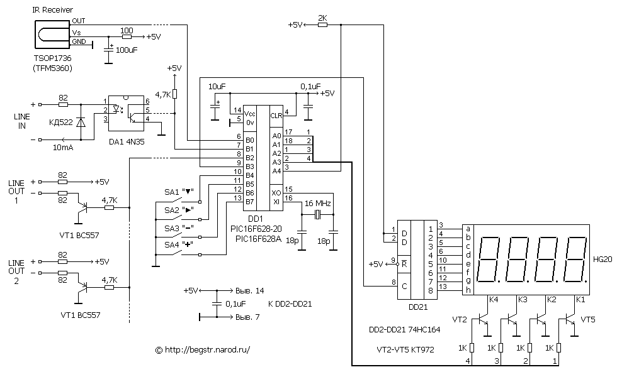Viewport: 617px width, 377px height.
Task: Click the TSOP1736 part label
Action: [53, 58]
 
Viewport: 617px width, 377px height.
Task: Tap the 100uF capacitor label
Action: [127, 50]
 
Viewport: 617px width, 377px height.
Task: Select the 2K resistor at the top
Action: [322, 25]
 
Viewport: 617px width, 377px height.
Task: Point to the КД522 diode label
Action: [61, 122]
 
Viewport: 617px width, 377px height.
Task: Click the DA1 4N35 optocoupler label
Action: [127, 142]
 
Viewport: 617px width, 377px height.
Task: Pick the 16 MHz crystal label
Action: [318, 204]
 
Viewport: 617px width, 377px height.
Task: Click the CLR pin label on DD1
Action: [276, 116]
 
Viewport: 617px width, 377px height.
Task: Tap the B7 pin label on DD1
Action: [249, 202]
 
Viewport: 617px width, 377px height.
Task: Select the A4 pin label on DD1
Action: [276, 171]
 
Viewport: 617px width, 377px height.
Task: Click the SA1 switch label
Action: [171, 192]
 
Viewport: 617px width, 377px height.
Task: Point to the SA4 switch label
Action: [171, 244]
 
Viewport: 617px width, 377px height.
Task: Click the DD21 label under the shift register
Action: [418, 307]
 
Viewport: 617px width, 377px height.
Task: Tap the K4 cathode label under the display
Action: [494, 300]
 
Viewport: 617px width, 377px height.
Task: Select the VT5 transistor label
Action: [588, 320]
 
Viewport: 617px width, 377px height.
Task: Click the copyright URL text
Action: [203, 349]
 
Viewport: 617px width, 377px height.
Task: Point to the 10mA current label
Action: [63, 148]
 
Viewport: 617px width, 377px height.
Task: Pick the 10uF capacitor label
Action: [217, 87]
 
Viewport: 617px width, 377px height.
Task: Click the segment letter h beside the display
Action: [468, 290]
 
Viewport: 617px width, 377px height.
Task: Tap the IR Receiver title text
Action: [52, 10]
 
